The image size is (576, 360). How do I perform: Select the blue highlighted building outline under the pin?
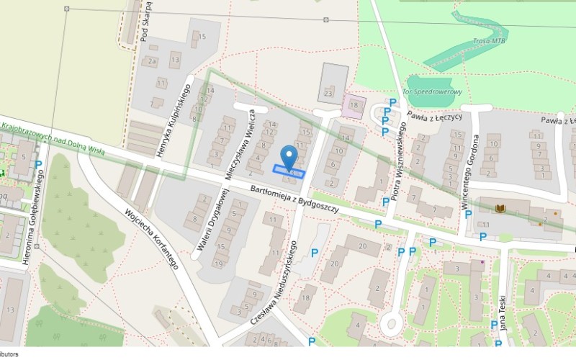pyautogui.click(x=288, y=171)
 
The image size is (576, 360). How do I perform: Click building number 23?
pyautogui.click(x=329, y=93)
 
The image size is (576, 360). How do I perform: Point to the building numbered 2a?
pyautogui.click(x=152, y=62)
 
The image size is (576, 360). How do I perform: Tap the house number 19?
pyautogui.click(x=218, y=264)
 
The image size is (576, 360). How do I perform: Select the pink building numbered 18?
pyautogui.click(x=353, y=105)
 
